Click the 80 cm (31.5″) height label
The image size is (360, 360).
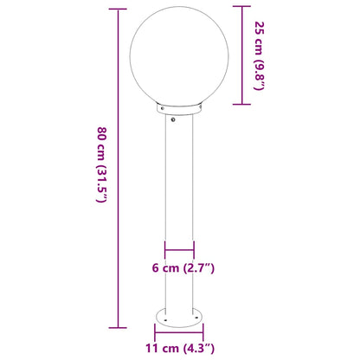coord(100,164)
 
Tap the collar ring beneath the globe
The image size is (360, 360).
coord(179,109)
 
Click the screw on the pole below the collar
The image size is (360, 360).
coord(179,120)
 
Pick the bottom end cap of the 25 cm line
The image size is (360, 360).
coord(238,105)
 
